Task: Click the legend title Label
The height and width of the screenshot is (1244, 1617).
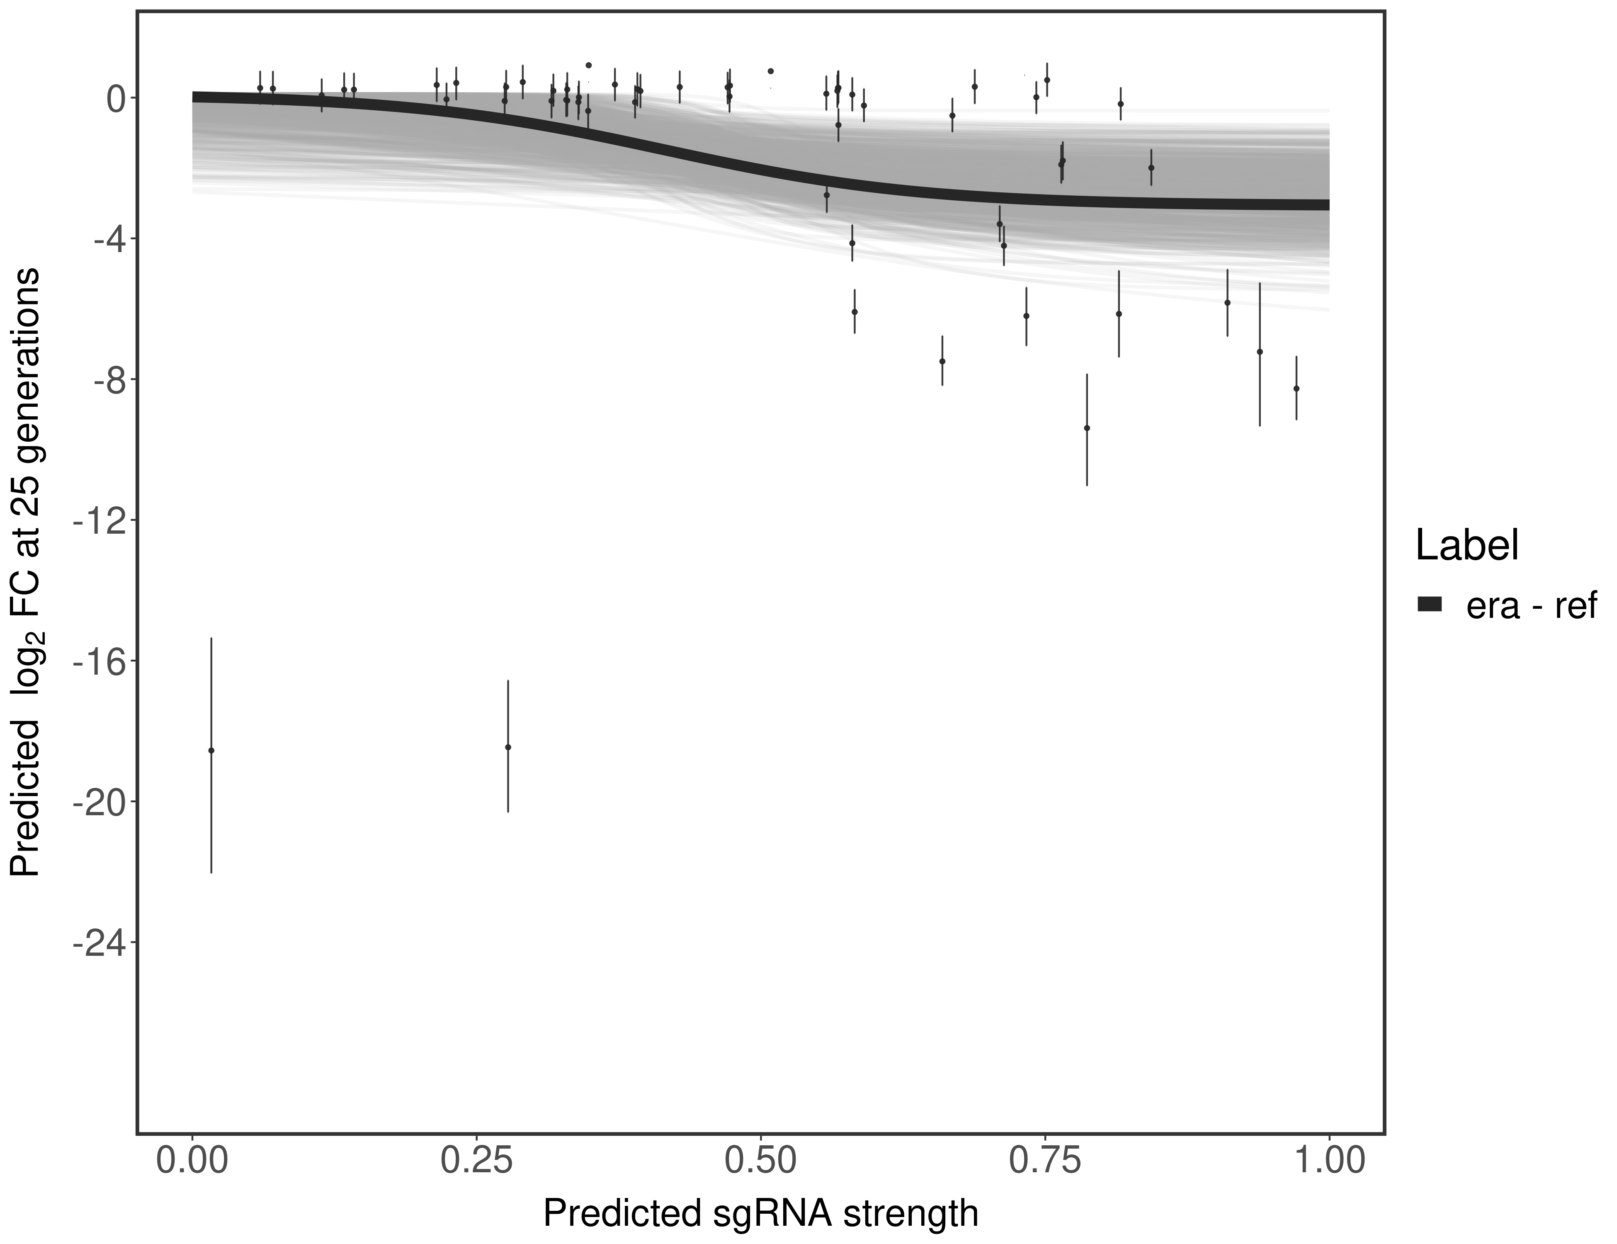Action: pyautogui.click(x=1467, y=546)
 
